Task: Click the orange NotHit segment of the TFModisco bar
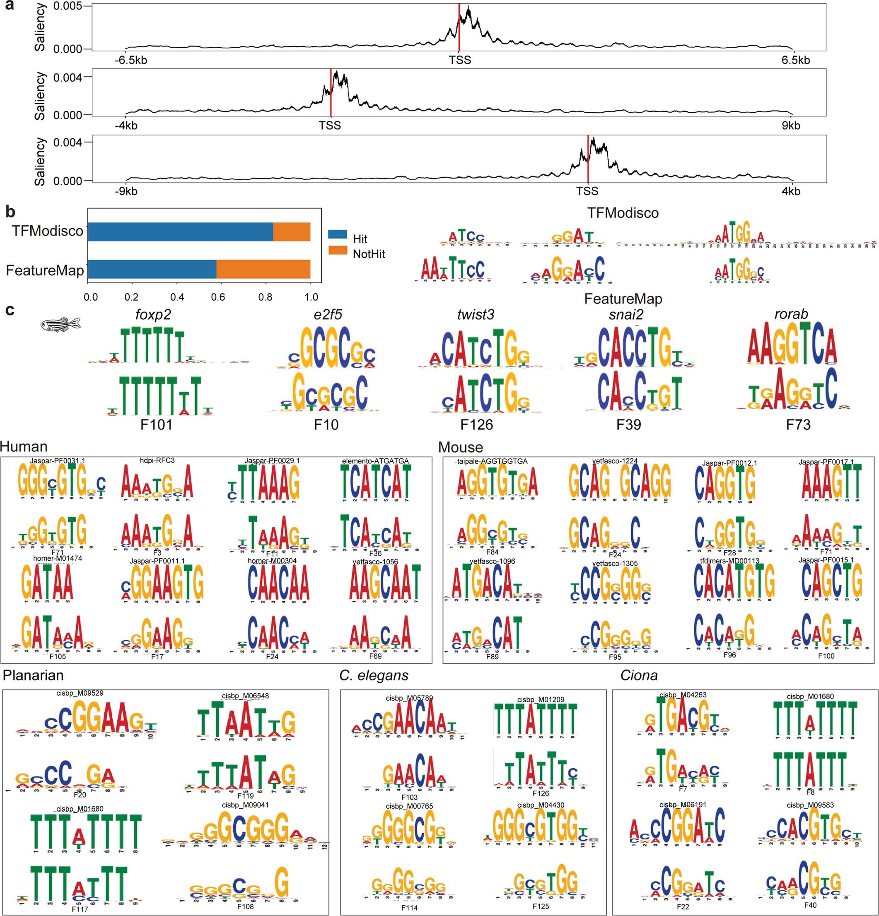coord(292,232)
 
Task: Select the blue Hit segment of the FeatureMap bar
coord(152,269)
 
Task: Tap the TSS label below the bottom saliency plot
coord(587,191)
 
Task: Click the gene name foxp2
coord(153,315)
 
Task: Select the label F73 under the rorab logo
coord(798,424)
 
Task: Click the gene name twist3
coord(476,315)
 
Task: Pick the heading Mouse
coord(460,448)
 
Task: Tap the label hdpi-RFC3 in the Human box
coord(157,461)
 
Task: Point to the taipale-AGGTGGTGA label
coord(492,461)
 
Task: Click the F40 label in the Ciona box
coord(811,906)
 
